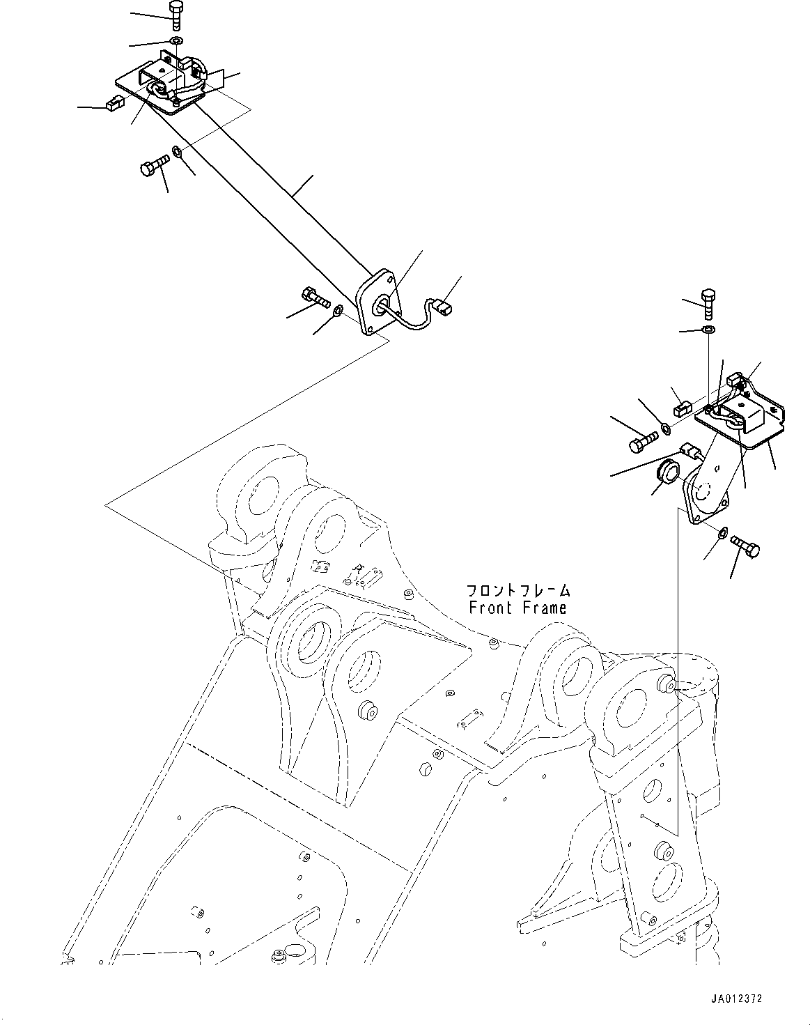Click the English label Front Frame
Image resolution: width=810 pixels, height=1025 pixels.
[x=517, y=608]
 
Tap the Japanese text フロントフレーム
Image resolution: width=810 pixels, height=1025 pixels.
[x=518, y=591]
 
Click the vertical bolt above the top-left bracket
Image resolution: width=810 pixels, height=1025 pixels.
[x=175, y=16]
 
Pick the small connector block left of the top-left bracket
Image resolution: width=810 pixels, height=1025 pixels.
[x=115, y=103]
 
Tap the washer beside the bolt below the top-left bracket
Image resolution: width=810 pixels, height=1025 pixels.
[x=176, y=153]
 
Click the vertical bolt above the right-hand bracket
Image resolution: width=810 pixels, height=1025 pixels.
[x=708, y=304]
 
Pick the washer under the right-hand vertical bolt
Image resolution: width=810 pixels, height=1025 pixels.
[x=709, y=329]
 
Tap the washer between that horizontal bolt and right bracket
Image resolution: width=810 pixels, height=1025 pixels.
[x=667, y=429]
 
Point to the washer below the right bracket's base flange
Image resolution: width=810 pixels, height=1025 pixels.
[x=722, y=532]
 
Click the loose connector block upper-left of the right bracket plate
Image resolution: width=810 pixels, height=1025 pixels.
[x=683, y=408]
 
